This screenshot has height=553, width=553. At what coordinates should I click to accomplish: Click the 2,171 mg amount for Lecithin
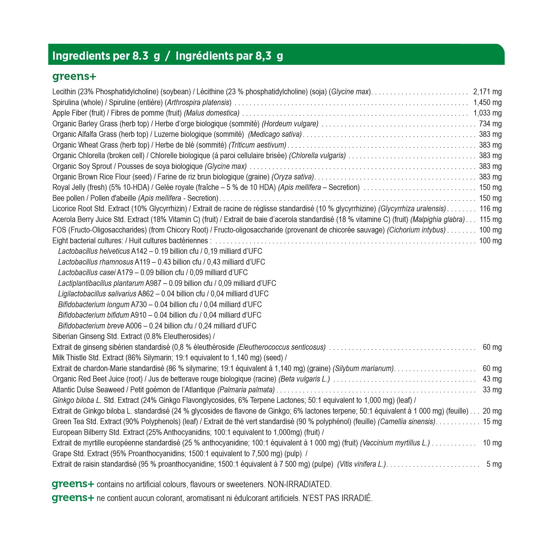click(x=487, y=92)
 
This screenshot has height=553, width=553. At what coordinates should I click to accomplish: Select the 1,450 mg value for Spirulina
click(x=487, y=103)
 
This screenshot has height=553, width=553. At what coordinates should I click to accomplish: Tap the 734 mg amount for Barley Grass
click(x=490, y=124)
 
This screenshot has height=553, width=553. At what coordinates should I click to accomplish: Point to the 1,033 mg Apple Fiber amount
click(x=487, y=113)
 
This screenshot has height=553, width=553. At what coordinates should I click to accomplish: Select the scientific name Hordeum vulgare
click(x=290, y=124)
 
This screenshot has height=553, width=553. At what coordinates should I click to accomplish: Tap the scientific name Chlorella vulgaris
click(x=317, y=156)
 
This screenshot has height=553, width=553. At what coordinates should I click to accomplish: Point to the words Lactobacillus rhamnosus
click(x=96, y=262)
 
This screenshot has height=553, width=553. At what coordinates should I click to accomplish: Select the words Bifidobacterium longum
click(x=94, y=304)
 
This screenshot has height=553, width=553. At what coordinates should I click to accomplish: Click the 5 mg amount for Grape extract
click(x=494, y=464)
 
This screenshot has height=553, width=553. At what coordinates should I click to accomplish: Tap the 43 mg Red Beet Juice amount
click(x=492, y=379)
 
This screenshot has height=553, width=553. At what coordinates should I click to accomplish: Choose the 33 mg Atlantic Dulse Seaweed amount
click(x=492, y=390)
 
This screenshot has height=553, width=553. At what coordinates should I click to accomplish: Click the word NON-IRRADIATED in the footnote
click(x=299, y=484)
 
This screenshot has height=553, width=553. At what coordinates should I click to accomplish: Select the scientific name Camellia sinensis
click(x=406, y=422)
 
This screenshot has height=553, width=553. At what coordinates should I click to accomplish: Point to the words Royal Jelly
click(x=69, y=187)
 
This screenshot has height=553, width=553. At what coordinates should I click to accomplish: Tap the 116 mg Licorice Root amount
click(x=490, y=209)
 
